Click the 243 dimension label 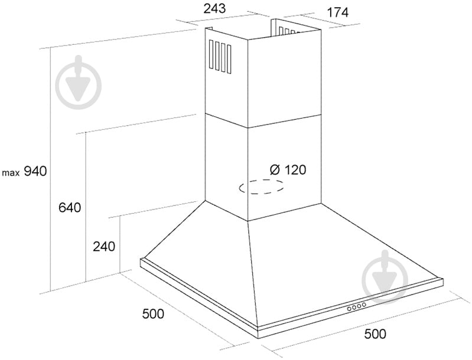coord(214,9)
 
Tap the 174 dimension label coord(337,12)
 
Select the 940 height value coord(35,171)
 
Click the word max coord(11,173)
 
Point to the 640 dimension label coord(70,208)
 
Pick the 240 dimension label coord(104,247)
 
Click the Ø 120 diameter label coord(288,170)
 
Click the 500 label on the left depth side coord(153,314)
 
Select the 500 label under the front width coord(375,334)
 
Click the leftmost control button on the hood coord(349,309)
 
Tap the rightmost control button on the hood coord(364,305)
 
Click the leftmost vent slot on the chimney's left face coord(211,55)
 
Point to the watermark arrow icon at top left coord(79,82)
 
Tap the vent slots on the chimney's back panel coord(289,30)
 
